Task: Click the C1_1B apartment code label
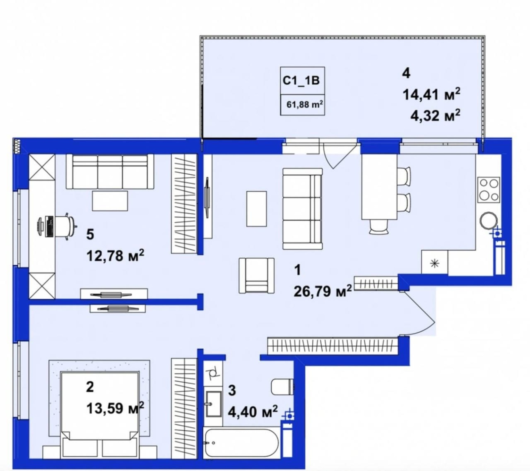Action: tap(301, 81)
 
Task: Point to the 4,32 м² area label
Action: tap(435, 115)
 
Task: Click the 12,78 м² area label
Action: tap(115, 255)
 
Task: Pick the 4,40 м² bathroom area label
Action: tap(253, 412)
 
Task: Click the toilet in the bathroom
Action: tap(283, 386)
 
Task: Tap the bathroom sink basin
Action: tap(213, 404)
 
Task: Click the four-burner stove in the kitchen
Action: tap(489, 190)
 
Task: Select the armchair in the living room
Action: tap(257, 275)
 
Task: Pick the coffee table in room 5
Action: tap(110, 200)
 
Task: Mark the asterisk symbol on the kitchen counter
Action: tap(434, 263)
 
